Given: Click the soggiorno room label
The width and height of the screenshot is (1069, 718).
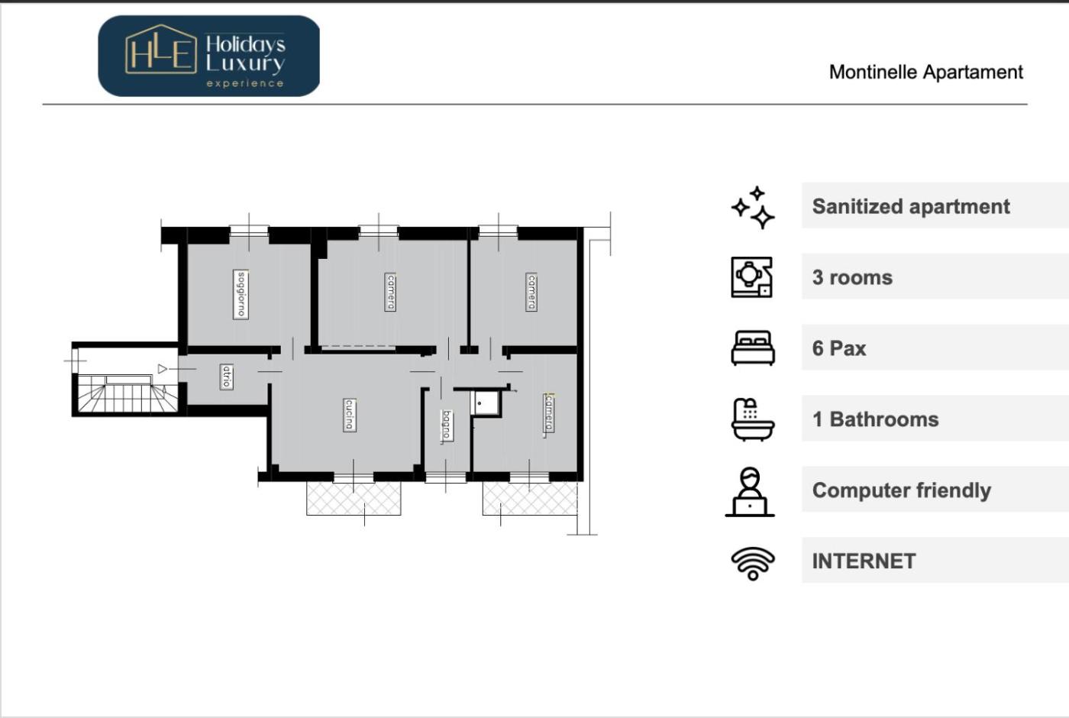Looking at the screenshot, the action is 241,294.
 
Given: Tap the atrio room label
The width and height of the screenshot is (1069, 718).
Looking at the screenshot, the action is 226,377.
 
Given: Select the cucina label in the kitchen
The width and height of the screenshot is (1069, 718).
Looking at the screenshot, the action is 350,415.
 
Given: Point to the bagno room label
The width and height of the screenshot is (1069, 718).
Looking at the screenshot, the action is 446,426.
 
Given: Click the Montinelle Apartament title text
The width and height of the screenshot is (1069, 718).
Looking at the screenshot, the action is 925,72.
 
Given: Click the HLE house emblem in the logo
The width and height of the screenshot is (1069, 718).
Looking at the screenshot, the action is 161,49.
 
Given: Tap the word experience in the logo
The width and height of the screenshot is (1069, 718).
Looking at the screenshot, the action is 245,83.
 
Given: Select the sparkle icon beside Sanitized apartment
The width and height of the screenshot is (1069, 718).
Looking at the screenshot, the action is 753,208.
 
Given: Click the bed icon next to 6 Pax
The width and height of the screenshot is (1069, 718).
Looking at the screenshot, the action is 753,348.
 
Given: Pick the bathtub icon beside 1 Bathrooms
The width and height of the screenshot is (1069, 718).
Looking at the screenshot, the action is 753,419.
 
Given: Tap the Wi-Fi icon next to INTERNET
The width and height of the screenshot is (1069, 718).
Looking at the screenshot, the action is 753,564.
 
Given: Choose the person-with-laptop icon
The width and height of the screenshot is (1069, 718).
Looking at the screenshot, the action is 750,492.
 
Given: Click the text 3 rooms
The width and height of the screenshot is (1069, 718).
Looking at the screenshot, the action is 852,277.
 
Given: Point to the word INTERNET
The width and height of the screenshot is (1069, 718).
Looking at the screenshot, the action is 864,561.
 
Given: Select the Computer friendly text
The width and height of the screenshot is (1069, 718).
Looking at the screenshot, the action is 902,490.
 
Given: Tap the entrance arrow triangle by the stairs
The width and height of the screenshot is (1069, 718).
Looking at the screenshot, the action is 162,369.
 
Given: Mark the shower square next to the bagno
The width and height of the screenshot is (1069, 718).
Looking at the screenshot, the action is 486,404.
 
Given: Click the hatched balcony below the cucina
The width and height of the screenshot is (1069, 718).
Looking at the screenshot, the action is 354,498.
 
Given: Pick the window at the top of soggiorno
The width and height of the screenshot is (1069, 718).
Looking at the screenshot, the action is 249,231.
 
